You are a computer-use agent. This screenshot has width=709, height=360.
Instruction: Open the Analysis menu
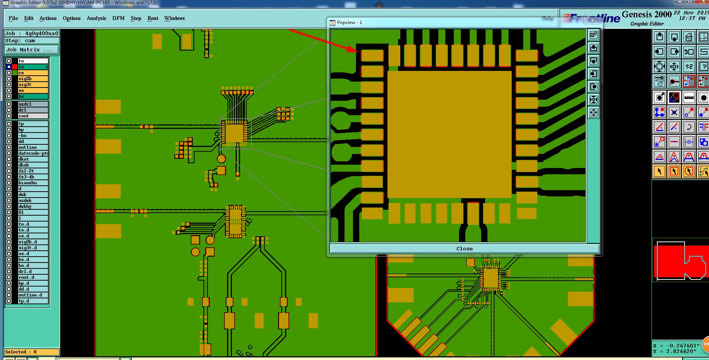(96, 18)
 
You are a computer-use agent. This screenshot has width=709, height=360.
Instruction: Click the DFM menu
(118, 18)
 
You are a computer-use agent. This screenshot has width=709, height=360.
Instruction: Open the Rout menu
(153, 18)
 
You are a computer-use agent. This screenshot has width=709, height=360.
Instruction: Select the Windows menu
(174, 18)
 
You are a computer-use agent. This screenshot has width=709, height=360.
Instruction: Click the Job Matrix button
(31, 49)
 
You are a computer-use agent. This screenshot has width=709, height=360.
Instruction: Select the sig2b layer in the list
(33, 79)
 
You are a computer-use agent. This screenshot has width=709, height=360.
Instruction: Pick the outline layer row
(33, 147)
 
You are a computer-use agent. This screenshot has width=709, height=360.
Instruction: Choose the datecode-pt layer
(33, 153)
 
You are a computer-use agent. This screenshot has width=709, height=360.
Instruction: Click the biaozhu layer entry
(33, 183)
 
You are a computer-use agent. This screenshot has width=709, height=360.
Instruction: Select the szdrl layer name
(33, 104)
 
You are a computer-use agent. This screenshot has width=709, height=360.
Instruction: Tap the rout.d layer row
(33, 277)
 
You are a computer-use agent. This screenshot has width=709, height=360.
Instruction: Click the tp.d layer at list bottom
(33, 301)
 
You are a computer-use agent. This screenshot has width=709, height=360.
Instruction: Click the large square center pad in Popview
(449, 134)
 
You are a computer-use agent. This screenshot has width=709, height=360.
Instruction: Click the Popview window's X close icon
(592, 21)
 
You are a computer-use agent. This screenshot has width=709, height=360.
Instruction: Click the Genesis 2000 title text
(646, 14)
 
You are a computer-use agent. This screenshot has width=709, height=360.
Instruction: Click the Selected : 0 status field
(31, 352)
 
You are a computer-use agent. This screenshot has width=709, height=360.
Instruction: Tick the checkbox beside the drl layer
(9, 110)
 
